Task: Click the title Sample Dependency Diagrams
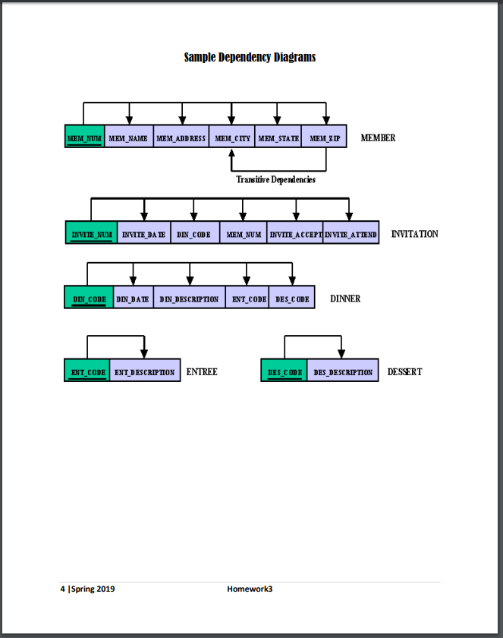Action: [250, 57]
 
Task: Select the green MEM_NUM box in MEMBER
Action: [84, 138]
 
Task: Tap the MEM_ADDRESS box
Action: [181, 138]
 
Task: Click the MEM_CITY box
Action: [232, 138]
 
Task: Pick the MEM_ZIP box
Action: [325, 138]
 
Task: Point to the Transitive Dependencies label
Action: [275, 180]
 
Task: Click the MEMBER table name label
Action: [378, 138]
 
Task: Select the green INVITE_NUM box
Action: [91, 234]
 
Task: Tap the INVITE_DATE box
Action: [143, 234]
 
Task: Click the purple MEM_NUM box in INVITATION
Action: [243, 234]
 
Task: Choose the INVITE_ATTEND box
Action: [351, 234]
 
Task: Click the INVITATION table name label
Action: [414, 234]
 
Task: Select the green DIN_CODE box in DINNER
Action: [89, 298]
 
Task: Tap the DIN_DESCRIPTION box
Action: [189, 298]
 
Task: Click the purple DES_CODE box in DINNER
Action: [292, 298]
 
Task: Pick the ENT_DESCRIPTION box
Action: [144, 372]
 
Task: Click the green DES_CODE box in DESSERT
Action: [285, 372]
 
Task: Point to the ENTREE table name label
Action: [202, 372]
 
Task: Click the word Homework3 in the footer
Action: [249, 589]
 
